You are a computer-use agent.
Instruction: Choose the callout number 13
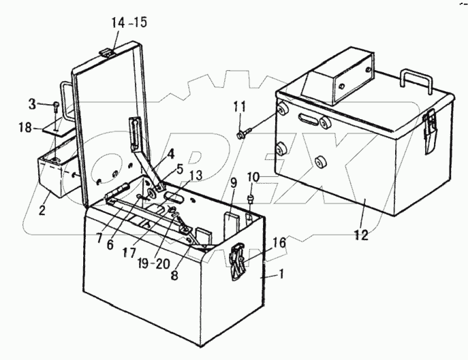195,176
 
